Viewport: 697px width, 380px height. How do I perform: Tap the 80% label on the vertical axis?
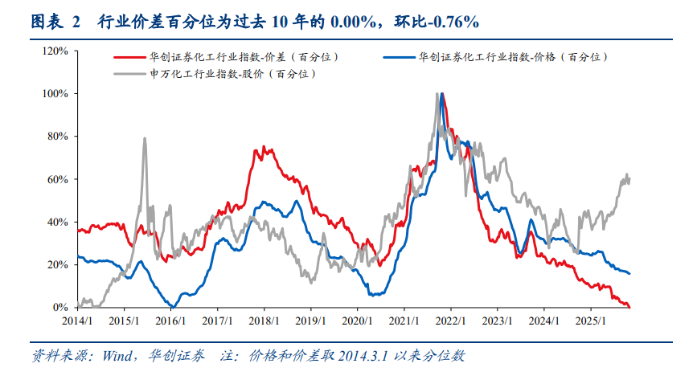[x=57, y=137]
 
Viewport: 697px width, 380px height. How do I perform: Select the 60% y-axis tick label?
[x=57, y=179]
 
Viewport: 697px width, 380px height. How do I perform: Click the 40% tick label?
[x=57, y=222]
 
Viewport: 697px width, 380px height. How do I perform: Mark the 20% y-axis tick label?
[x=57, y=264]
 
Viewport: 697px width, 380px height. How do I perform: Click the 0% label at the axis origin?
[x=60, y=308]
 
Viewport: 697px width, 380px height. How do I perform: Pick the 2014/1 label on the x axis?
[x=78, y=320]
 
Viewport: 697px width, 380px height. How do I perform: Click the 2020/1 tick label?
[x=359, y=320]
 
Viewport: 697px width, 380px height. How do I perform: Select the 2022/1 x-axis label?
[x=452, y=320]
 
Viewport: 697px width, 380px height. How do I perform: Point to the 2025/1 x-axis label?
[x=592, y=320]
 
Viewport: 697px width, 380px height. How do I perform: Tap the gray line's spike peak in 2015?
[x=145, y=138]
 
